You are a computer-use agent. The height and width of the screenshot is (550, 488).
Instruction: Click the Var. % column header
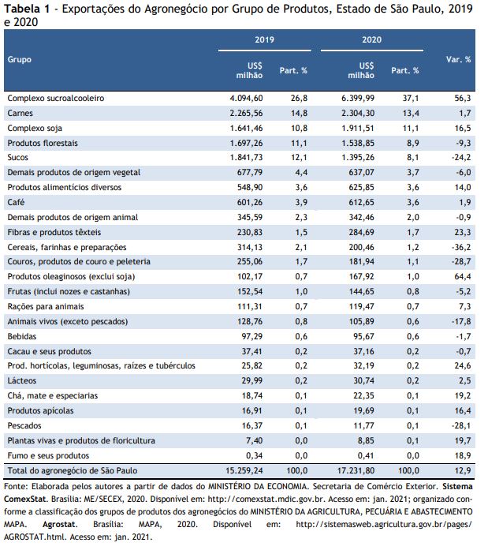coord(458,59)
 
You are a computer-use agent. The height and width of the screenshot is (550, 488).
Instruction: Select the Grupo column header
coord(19,60)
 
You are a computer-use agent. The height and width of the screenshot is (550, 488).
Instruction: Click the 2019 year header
coord(264,39)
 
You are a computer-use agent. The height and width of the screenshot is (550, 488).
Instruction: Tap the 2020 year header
coord(371,39)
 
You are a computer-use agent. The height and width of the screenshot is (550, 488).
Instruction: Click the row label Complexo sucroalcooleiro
coord(56,98)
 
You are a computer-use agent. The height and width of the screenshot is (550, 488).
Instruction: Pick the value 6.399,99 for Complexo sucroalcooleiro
coord(358,98)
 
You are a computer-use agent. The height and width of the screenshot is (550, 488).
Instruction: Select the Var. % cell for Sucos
coord(461,158)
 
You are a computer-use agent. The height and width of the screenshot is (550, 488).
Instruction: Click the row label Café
coord(16,202)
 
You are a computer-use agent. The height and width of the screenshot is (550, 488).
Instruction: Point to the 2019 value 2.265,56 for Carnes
coord(246,114)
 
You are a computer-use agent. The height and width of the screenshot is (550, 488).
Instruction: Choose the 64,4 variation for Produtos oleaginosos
coord(463,277)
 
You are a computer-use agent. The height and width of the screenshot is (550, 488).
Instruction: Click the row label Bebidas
coord(22,337)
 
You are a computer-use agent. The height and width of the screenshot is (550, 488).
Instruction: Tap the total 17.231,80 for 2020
coord(356,471)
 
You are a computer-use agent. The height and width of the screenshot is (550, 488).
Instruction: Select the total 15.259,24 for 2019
coord(244,471)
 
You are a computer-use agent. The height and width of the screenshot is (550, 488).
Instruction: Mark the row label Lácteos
coord(22,381)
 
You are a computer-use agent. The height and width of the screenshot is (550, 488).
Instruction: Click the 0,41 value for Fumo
coord(366,455)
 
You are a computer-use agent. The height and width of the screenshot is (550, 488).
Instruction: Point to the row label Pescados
coord(24,426)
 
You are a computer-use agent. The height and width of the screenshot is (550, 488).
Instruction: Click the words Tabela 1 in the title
coord(27,9)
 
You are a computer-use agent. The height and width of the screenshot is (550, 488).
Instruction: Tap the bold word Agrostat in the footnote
coord(59,525)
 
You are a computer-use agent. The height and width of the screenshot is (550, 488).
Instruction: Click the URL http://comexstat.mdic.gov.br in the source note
coord(266,499)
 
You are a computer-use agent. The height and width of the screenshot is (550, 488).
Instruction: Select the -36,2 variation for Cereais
coord(461,247)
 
